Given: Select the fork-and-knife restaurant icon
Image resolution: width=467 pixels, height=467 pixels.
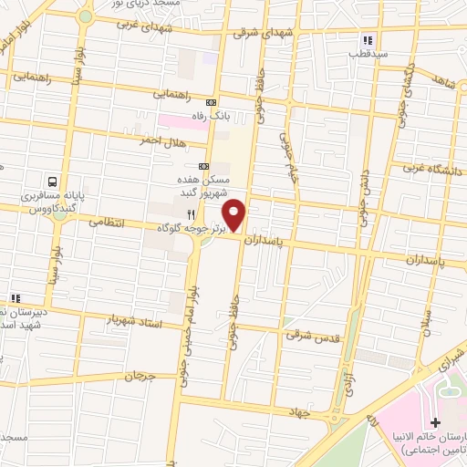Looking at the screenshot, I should pos(191,213).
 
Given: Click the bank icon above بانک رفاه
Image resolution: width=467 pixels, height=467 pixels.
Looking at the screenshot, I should pos(212,102).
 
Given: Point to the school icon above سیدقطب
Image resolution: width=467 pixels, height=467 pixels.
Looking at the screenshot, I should pos(368,40).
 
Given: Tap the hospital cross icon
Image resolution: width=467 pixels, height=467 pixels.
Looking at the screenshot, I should pos(435,423).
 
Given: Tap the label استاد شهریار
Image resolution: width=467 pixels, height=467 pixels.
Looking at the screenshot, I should pos(133,321).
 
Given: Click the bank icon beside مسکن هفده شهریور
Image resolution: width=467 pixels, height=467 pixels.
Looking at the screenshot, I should pos(203,166).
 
